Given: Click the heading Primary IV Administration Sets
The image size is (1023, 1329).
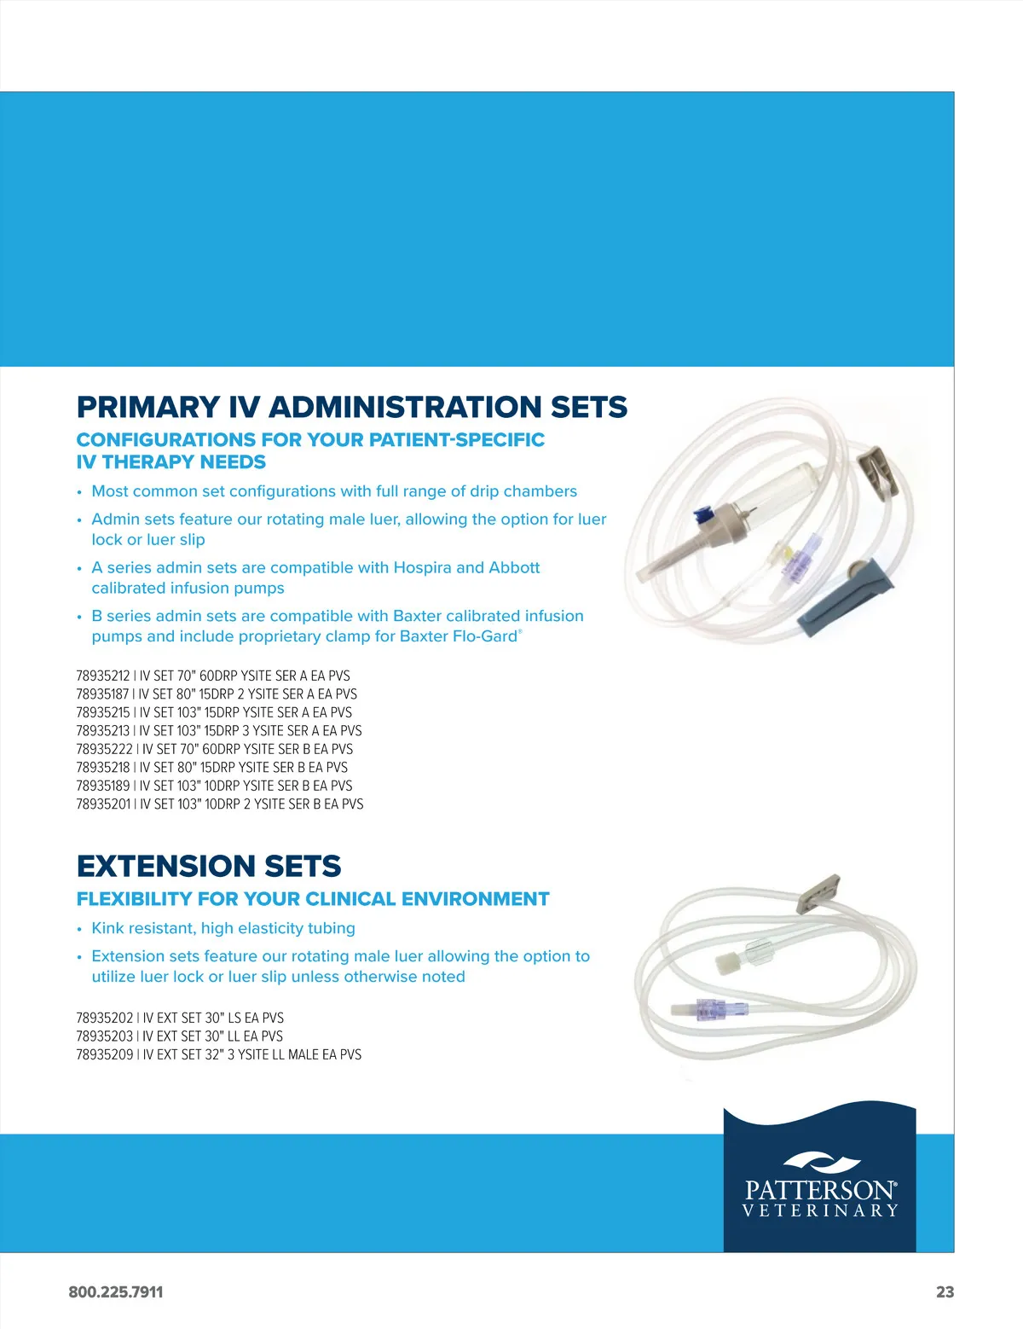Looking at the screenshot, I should [351, 407].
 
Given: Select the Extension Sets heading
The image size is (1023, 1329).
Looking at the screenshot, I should [209, 866].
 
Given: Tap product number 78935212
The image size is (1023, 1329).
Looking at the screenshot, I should [102, 676].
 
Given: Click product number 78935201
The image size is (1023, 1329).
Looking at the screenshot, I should [102, 804].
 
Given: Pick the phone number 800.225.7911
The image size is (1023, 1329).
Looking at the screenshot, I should [115, 1291].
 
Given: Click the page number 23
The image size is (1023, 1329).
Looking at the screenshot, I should [945, 1291].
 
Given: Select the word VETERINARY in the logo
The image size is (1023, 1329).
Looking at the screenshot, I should [820, 1210].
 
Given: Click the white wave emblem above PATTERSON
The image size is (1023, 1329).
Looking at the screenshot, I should [822, 1163].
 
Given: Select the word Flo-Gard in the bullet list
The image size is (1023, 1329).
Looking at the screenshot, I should [485, 636].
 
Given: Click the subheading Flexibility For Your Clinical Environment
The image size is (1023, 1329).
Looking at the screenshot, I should [313, 899].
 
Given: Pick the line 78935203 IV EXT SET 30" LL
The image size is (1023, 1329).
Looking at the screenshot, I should [179, 1036].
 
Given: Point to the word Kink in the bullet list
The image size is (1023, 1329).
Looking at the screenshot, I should [107, 928].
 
